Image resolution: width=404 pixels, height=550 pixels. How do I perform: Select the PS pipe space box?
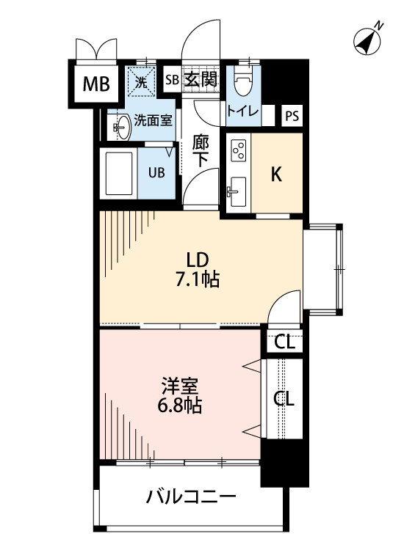292,116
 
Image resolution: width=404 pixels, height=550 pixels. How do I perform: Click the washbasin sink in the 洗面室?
121,126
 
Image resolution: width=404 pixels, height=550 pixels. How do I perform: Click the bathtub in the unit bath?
120,174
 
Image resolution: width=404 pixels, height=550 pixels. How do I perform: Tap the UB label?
158,173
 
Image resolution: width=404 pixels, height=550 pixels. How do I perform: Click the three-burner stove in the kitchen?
239,150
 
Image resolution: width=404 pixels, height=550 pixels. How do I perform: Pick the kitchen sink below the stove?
237,193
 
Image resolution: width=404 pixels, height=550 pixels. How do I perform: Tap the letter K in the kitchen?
277,175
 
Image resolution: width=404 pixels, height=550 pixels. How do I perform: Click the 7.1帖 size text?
198,279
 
